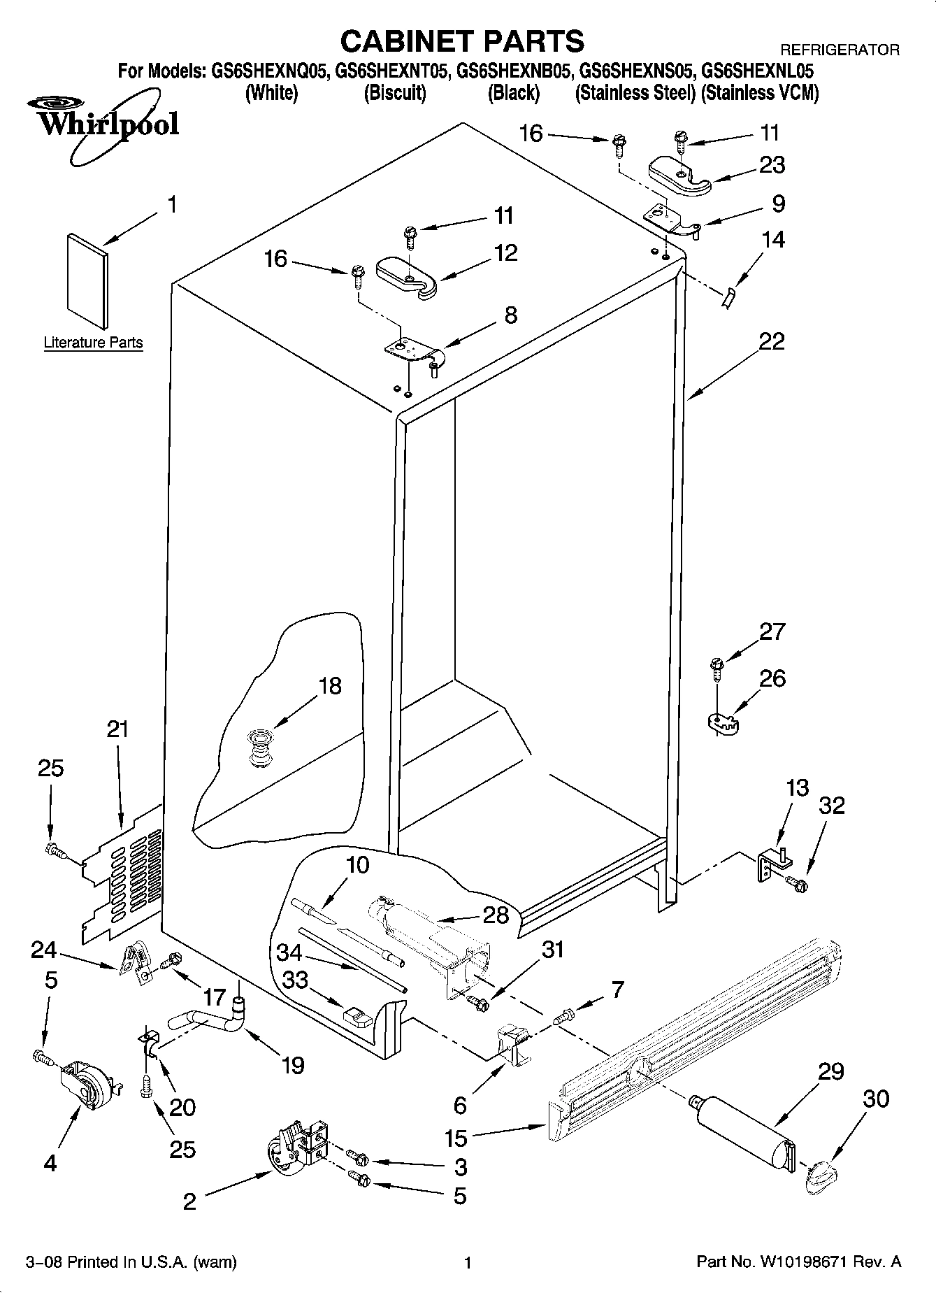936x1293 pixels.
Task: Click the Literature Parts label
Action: (93, 343)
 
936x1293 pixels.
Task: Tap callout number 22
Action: (771, 342)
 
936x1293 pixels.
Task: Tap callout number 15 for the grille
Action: (456, 1138)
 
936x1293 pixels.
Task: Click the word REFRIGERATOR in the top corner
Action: (839, 50)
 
